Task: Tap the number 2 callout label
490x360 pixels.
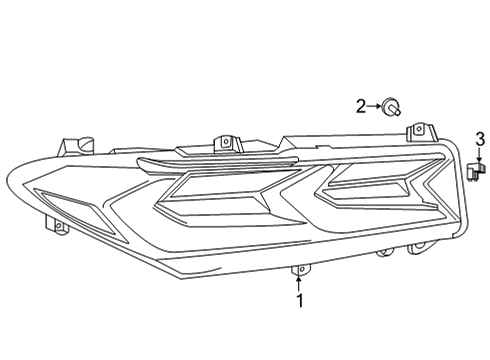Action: tap(361, 105)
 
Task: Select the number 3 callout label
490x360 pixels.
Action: tap(479, 137)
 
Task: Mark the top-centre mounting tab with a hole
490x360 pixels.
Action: tap(227, 141)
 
